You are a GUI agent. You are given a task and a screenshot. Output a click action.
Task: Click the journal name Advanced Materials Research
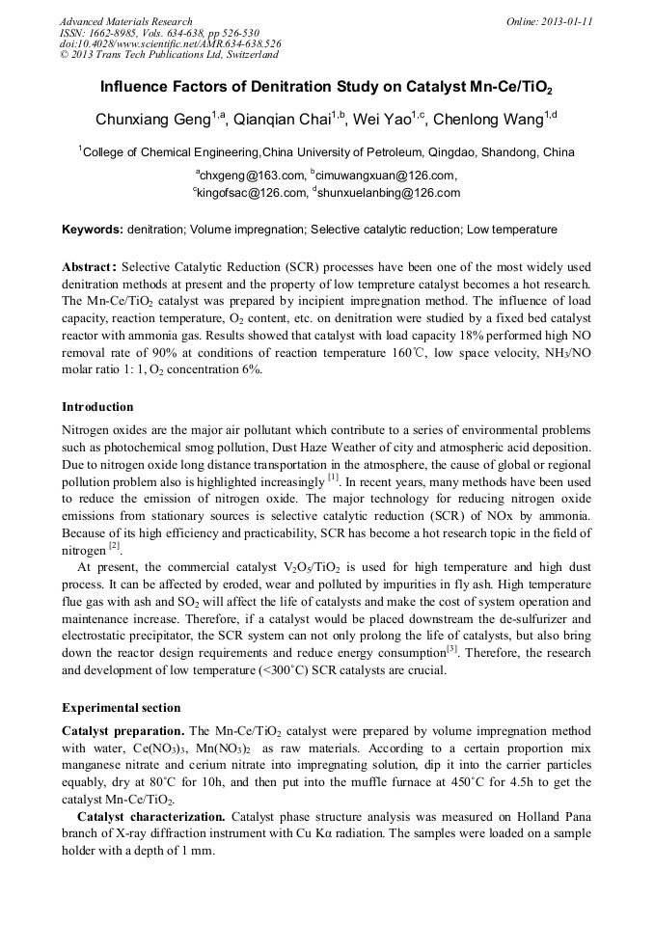tap(125, 20)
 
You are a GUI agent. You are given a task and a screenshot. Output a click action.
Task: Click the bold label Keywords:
tap(93, 230)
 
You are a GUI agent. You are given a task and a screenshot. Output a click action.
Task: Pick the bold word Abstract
tap(89, 265)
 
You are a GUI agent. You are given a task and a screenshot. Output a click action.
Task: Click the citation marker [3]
tap(451, 649)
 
